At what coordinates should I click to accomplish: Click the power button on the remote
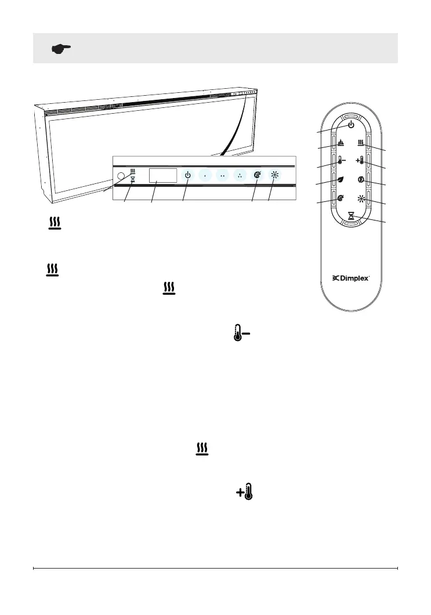[x=352, y=125]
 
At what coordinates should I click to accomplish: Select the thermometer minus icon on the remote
[x=342, y=162]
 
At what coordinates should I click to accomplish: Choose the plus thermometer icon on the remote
[x=361, y=162]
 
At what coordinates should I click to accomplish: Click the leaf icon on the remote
[x=341, y=180]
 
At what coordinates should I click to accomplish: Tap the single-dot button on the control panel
[x=205, y=175]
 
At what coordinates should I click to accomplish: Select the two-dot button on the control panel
[x=222, y=175]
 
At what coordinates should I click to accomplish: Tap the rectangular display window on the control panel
[x=163, y=175]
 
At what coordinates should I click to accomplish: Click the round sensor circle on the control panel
[x=121, y=175]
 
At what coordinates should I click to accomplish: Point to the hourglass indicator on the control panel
[x=133, y=180]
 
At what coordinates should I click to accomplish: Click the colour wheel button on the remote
[x=341, y=199]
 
